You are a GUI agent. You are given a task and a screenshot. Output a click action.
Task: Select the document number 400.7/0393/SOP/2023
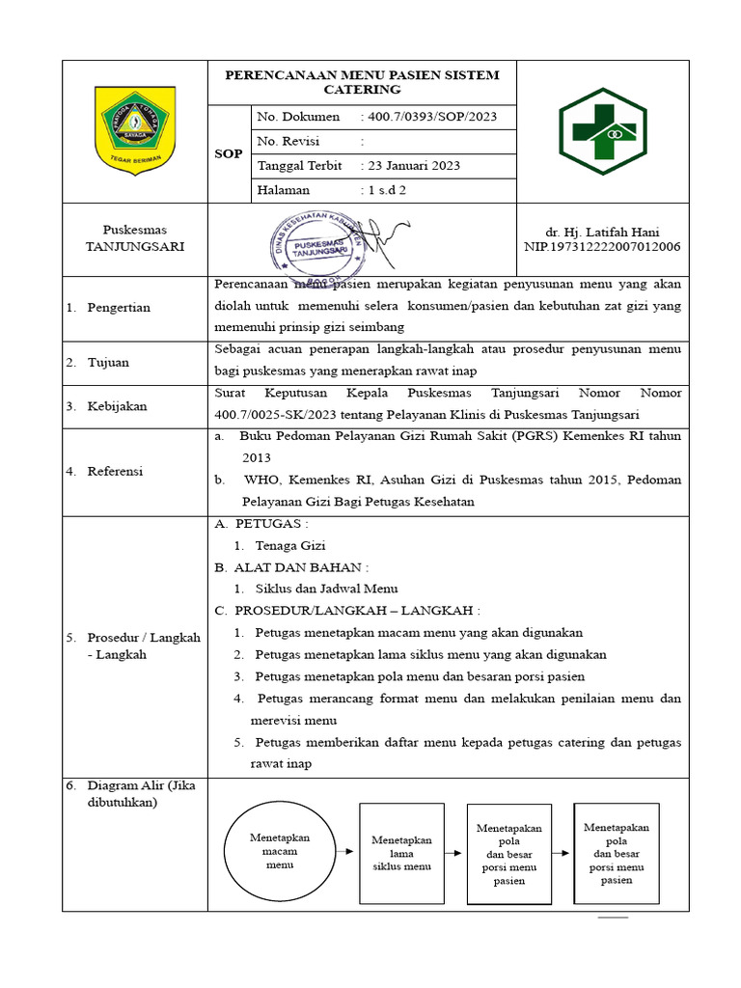(x=430, y=117)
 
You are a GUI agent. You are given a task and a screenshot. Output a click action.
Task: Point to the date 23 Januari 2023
(x=413, y=165)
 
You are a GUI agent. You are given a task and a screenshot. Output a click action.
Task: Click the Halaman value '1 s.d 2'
(x=385, y=190)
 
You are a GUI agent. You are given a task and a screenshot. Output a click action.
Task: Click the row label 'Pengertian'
(x=119, y=308)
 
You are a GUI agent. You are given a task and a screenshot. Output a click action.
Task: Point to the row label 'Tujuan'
(x=108, y=363)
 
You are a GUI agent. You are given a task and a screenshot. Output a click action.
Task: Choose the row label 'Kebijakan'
(x=117, y=406)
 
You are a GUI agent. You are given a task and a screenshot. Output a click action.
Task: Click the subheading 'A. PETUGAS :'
(x=261, y=523)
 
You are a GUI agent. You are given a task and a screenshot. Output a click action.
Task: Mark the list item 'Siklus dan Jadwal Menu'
(x=326, y=588)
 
